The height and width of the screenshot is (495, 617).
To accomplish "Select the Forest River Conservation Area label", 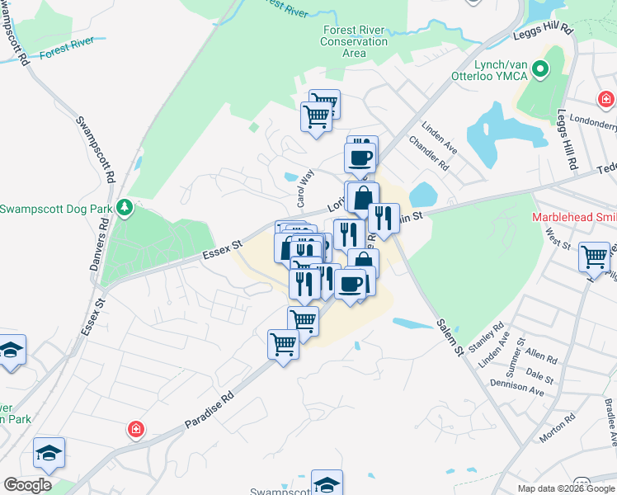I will point(354,41).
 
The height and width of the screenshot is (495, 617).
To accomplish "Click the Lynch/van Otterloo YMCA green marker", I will point(540,68).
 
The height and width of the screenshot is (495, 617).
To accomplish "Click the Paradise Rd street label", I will point(210,410).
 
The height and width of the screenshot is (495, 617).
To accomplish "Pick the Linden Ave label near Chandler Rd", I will point(439,134).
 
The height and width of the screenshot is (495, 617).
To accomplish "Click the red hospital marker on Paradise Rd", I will point(135,430).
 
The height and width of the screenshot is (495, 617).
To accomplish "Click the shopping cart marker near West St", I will point(594,256).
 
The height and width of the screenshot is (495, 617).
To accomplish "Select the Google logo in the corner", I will point(27,485).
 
